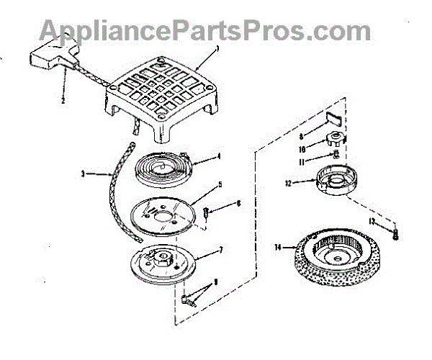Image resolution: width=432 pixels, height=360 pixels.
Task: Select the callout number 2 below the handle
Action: [63, 102]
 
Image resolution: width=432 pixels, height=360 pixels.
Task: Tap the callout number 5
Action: [218, 185]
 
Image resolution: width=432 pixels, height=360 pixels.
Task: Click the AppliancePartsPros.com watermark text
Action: [205, 30]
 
